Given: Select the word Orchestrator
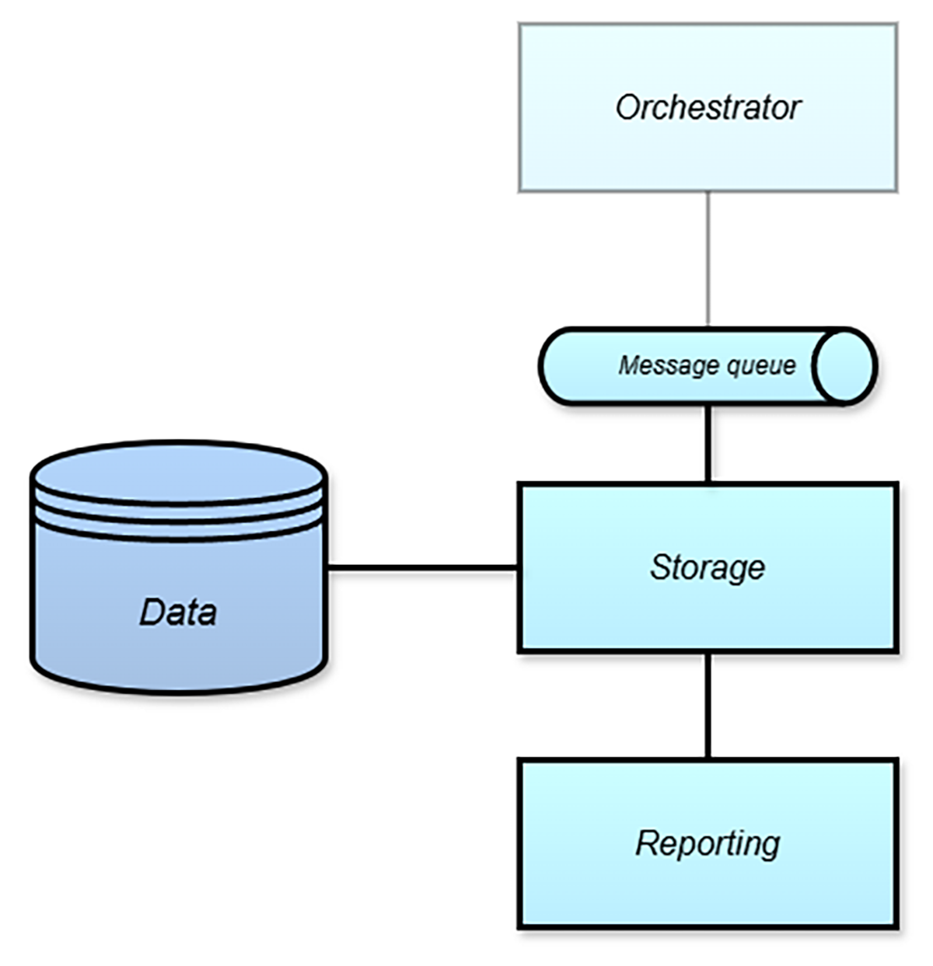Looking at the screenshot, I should [x=708, y=107].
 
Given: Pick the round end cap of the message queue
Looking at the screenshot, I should [x=844, y=366].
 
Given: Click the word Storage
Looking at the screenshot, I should [x=708, y=567].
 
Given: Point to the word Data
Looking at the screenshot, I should [x=178, y=612].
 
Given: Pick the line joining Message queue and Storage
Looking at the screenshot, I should [x=708, y=443].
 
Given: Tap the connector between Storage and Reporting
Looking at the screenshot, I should [x=708, y=706].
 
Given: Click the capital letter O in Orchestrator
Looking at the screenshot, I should [x=627, y=107].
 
